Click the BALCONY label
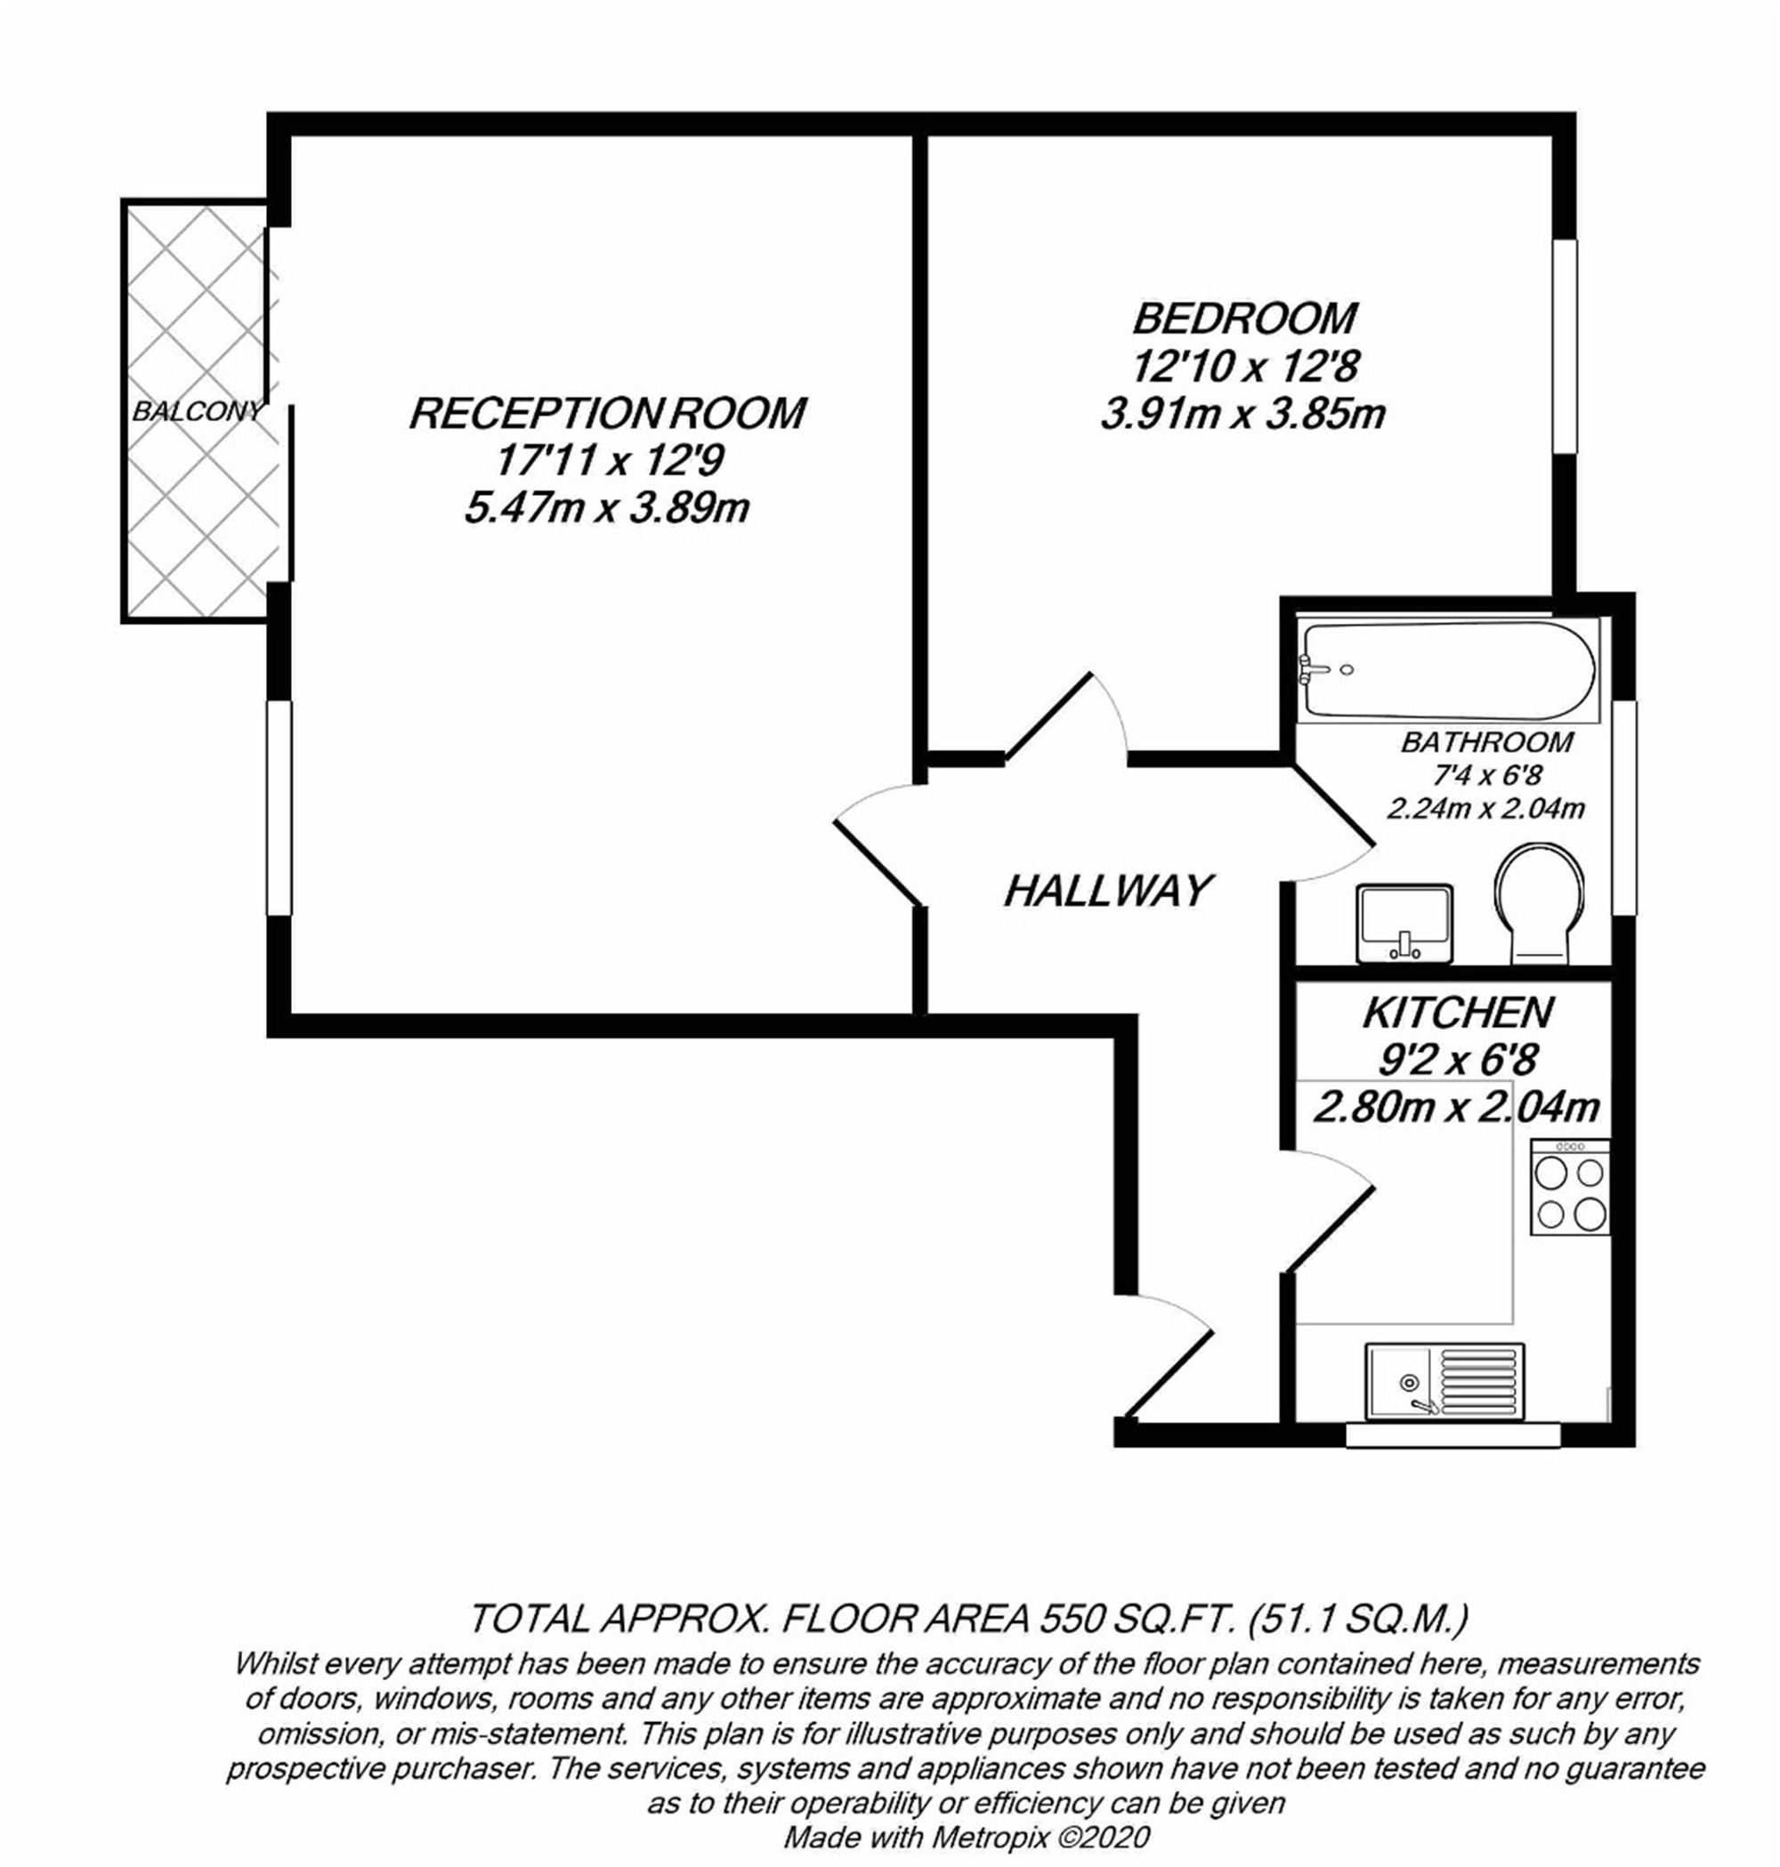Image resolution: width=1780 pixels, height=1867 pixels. pyautogui.click(x=198, y=412)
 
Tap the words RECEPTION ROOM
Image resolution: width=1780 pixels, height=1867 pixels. pyautogui.click(x=607, y=414)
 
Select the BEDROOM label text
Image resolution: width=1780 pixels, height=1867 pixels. pyautogui.click(x=1244, y=319)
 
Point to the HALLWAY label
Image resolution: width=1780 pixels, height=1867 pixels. pyautogui.click(x=1108, y=891)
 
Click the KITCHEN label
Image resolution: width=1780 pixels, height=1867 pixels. pyautogui.click(x=1458, y=1014)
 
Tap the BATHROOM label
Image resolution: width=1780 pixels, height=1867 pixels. pyautogui.click(x=1487, y=742)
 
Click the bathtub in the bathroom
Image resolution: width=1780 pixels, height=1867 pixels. pyautogui.click(x=1447, y=670)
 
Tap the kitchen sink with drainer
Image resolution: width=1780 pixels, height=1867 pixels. pyautogui.click(x=1444, y=1380)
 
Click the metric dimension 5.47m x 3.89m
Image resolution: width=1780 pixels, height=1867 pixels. pyautogui.click(x=606, y=509)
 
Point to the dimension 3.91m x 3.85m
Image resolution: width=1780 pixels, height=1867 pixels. pyautogui.click(x=1243, y=415)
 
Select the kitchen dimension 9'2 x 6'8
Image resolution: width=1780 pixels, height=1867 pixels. pyautogui.click(x=1458, y=1060)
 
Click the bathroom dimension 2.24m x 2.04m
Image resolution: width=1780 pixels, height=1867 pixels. pyautogui.click(x=1486, y=808)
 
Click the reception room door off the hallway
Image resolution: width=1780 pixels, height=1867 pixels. pyautogui.click(x=878, y=845)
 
